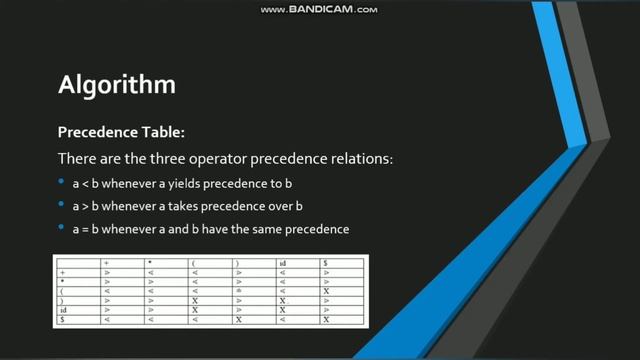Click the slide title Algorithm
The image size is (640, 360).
tap(117, 84)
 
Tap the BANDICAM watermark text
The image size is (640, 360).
tap(319, 9)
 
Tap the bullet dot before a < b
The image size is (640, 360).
tap(62, 183)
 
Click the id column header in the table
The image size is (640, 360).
tap(283, 263)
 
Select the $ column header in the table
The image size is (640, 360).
tap(325, 263)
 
